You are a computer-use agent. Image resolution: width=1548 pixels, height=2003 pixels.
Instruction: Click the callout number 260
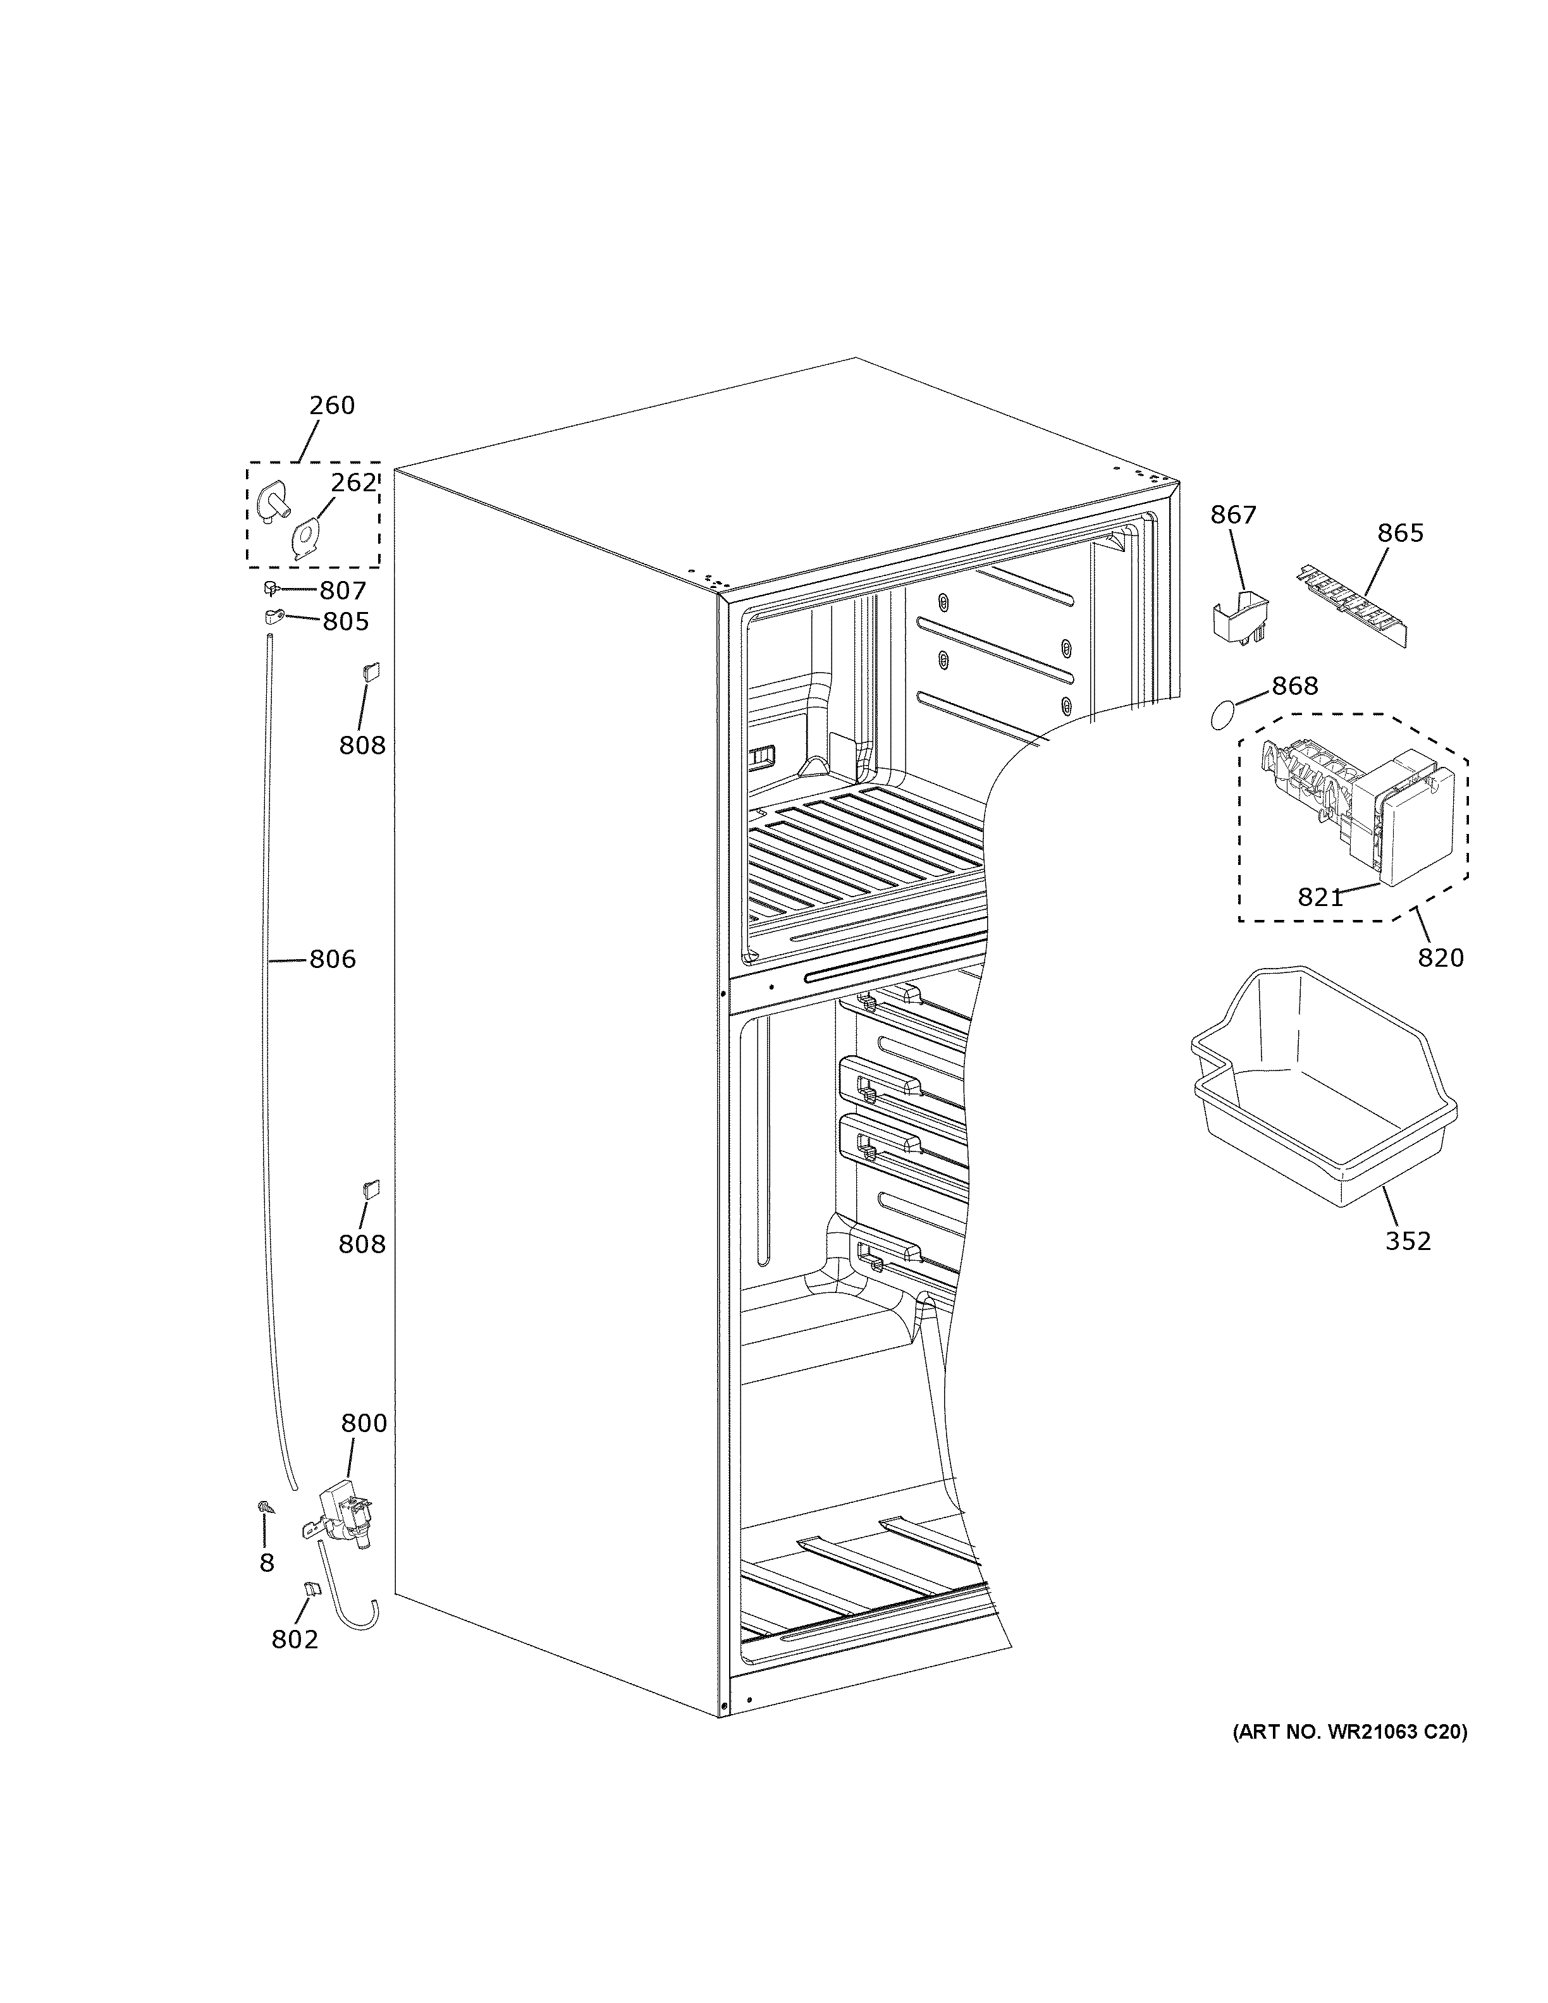pyautogui.click(x=331, y=405)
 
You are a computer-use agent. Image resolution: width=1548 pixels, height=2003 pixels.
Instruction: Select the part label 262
pyautogui.click(x=354, y=482)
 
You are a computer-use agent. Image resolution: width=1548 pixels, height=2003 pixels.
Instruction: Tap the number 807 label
pyautogui.click(x=342, y=591)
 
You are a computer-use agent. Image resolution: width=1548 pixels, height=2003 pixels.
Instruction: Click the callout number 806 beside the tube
pyautogui.click(x=332, y=959)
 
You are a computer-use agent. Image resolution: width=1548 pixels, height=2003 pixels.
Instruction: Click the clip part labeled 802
pyautogui.click(x=311, y=1590)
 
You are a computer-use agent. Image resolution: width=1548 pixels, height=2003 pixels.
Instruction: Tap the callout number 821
pyautogui.click(x=1320, y=898)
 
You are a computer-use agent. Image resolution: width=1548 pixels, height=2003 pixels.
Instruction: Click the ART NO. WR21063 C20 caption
pyautogui.click(x=1348, y=1732)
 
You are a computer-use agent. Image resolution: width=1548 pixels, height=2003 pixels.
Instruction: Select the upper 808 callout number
pyautogui.click(x=362, y=745)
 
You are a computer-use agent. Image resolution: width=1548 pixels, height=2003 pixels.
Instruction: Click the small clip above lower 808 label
pyautogui.click(x=371, y=1189)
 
